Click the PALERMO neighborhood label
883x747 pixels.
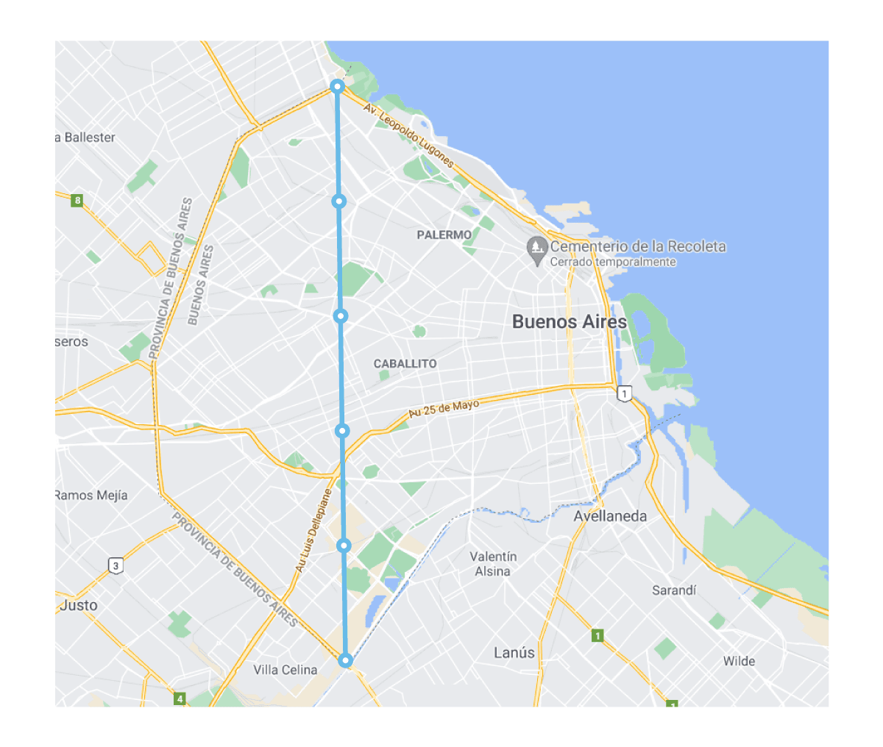point(444,235)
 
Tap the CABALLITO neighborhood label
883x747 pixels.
point(405,364)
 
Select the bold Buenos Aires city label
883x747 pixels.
point(569,321)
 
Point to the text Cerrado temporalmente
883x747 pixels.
point(613,262)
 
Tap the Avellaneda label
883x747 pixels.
point(610,516)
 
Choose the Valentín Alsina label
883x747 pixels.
point(493,564)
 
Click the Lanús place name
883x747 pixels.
point(514,652)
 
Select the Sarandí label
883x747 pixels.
point(674,590)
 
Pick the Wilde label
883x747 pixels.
point(739,661)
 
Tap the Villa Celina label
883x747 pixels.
point(286,670)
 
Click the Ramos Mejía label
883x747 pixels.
point(91,496)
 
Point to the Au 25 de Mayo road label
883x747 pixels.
point(444,408)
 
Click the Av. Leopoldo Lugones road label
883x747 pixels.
point(408,135)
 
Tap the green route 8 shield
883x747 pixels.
point(77,200)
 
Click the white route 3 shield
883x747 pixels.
point(116,565)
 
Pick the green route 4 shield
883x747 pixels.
point(180,698)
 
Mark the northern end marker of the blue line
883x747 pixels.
point(337,87)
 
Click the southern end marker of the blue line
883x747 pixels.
point(345,660)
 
